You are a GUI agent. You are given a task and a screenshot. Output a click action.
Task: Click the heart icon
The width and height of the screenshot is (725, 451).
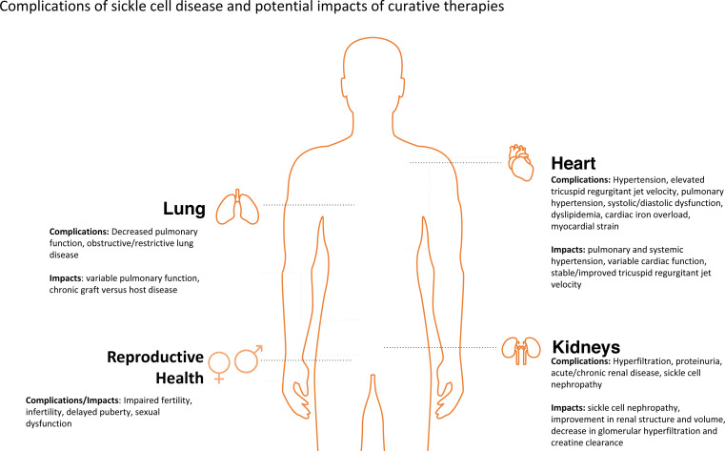(x=522, y=161)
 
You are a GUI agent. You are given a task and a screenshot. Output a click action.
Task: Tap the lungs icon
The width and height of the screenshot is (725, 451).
(x=234, y=206)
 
